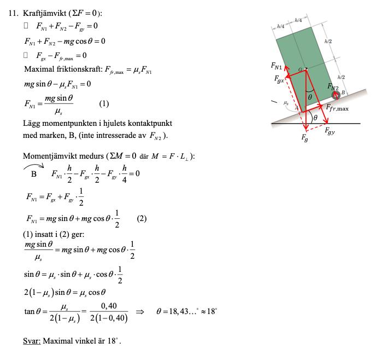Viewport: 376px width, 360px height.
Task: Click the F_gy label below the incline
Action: [331, 131]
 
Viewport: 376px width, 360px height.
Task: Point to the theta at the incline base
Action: [316, 117]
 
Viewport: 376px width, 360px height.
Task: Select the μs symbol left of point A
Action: [286, 102]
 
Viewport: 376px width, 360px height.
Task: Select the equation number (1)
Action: [104, 103]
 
